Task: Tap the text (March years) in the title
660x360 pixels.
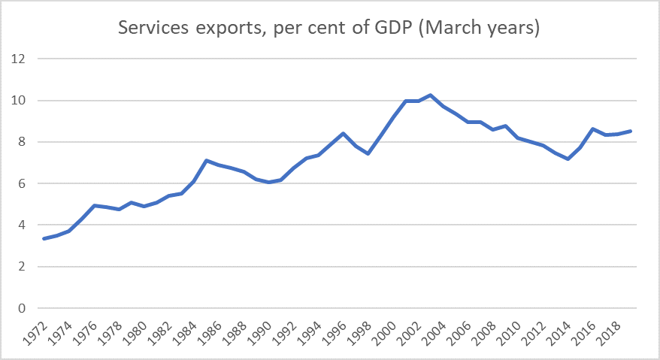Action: [470, 29]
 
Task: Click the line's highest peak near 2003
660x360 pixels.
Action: [430, 95]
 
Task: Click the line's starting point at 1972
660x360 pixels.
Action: [44, 239]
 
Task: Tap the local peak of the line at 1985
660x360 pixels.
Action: [207, 160]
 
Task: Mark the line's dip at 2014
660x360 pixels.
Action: [568, 159]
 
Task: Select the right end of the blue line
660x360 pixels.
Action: [631, 131]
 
